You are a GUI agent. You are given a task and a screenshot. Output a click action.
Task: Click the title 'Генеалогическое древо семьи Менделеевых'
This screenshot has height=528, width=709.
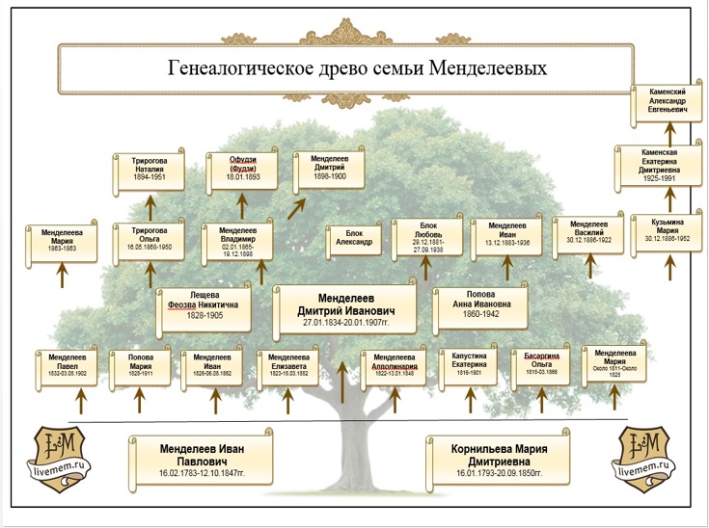tap(357, 69)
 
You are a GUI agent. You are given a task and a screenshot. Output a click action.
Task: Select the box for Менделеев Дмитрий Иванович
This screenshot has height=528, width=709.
tap(344, 308)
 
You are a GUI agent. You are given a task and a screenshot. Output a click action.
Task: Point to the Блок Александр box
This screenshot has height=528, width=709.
tap(351, 238)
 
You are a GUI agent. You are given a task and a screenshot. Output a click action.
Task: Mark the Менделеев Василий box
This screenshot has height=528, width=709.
tap(583, 233)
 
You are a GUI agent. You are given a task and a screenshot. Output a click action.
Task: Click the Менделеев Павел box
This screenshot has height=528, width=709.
tap(64, 368)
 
